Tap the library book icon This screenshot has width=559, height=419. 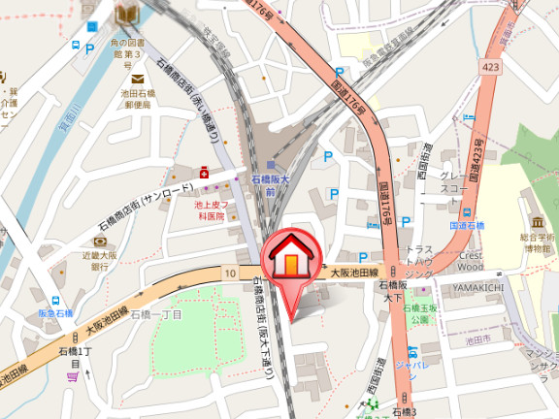point(126,13)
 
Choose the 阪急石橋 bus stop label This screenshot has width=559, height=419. point(56,312)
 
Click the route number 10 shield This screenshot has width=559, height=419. point(229,274)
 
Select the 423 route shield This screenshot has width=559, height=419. point(489,68)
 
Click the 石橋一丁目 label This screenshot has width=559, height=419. point(157,313)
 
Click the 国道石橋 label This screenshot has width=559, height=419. point(467,225)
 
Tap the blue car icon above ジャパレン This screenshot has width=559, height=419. point(413,351)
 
